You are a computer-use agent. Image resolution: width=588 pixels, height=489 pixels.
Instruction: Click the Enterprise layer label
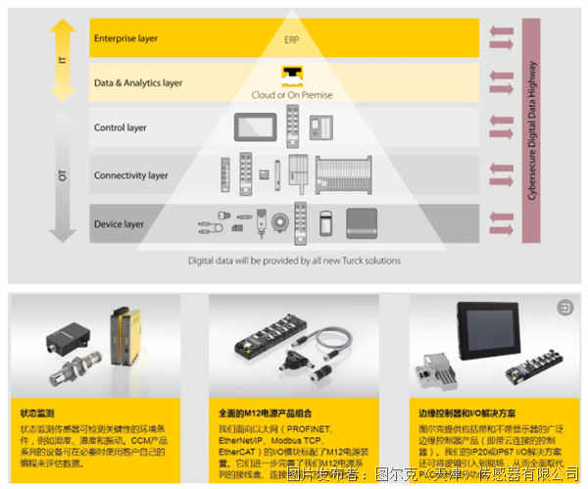[x=125, y=39]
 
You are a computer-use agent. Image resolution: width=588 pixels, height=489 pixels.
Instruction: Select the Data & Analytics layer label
[x=138, y=83]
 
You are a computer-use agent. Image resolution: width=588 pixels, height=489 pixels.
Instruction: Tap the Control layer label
[x=121, y=127]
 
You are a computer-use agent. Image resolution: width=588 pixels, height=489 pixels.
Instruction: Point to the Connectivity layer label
[x=131, y=175]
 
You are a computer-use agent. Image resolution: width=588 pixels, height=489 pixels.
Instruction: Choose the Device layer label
[x=119, y=224]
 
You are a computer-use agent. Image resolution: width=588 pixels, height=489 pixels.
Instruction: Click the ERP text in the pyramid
[x=291, y=41]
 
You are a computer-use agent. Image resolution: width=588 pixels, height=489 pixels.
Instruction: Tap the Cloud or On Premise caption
[x=292, y=95]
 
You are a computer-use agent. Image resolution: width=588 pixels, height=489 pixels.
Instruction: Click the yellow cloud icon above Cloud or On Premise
[x=292, y=75]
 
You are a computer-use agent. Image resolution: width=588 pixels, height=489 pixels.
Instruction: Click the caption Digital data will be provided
[x=294, y=261]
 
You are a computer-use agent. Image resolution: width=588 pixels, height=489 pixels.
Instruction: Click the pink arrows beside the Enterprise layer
[x=501, y=39]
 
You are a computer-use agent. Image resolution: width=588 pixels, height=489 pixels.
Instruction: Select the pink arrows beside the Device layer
[x=501, y=224]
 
